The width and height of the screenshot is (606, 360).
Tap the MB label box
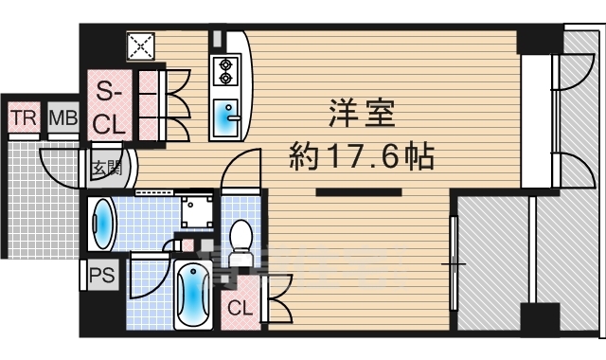pyautogui.click(x=63, y=118)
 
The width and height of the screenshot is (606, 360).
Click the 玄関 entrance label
pyautogui.click(x=105, y=170)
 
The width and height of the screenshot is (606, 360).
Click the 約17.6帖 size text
pyautogui.click(x=360, y=154)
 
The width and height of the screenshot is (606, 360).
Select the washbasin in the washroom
pyautogui.click(x=101, y=226)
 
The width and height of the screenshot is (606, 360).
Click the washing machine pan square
pyautogui.click(x=198, y=210)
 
